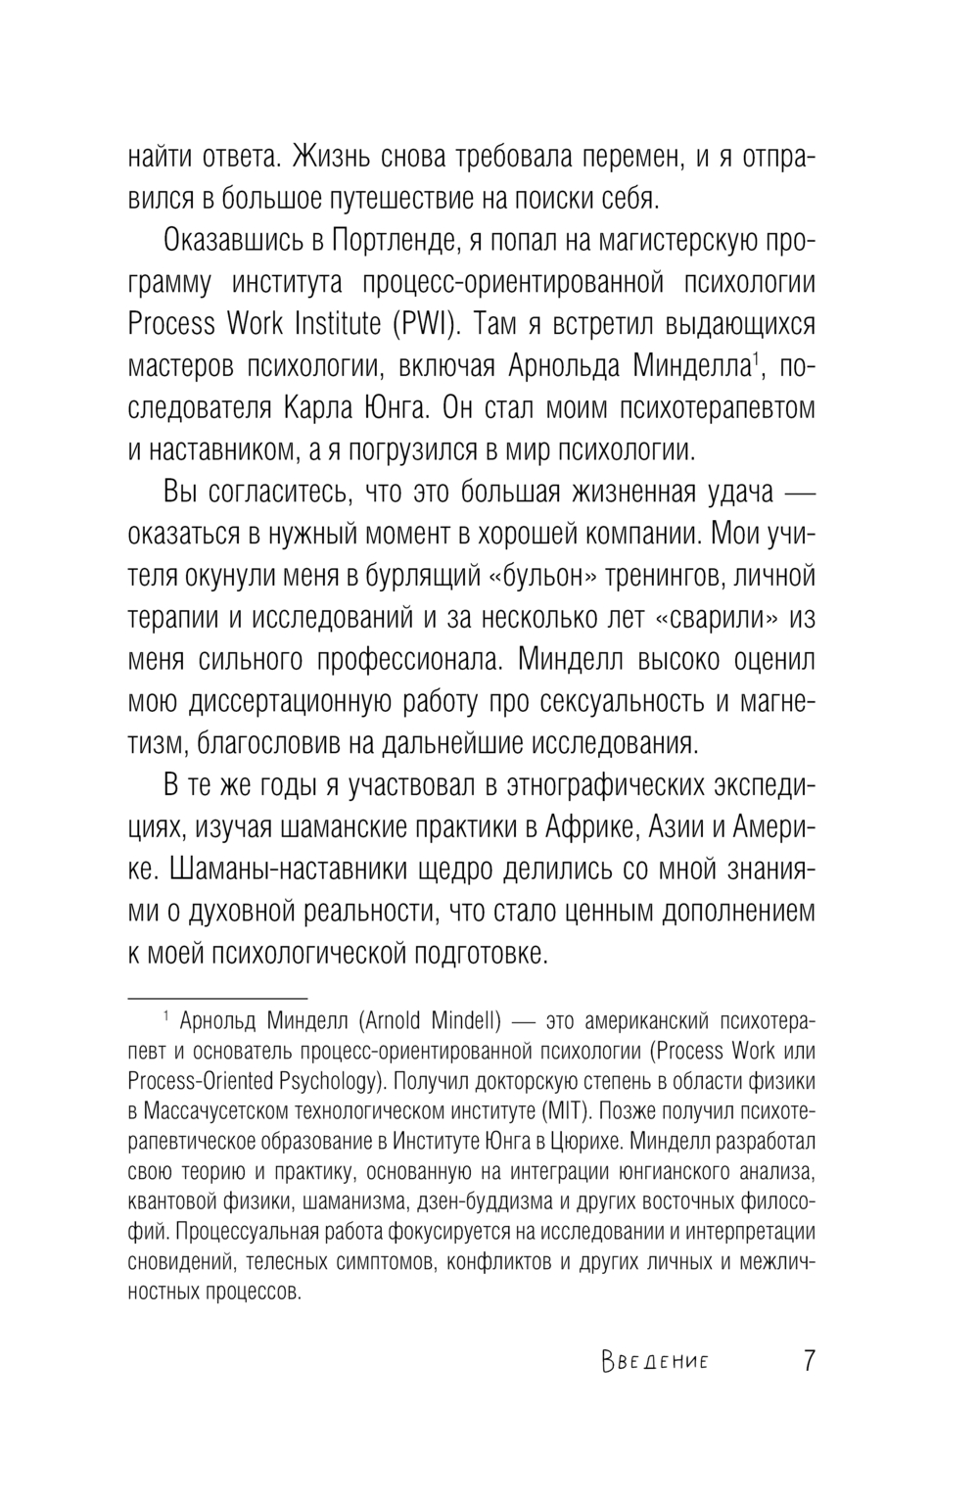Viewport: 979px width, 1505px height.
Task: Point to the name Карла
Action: coord(329,408)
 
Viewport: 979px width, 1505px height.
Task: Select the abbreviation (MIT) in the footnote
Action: coord(562,1112)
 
